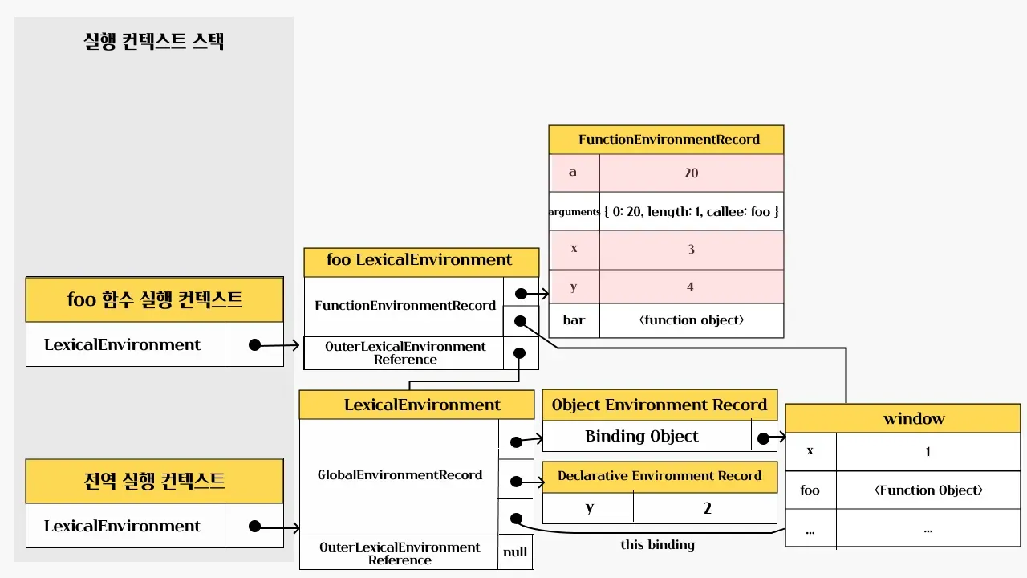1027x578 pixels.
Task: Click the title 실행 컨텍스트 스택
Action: tap(154, 42)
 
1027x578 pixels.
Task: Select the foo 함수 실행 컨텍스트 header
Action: tap(155, 300)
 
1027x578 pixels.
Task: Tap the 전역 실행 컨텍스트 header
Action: tap(155, 482)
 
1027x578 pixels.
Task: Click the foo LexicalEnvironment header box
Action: tap(420, 261)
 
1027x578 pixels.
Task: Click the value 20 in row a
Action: tap(691, 173)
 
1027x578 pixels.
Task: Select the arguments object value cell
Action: tap(691, 212)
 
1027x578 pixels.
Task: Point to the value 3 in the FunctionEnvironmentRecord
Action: tap(691, 249)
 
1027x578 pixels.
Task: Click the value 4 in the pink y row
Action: tap(691, 287)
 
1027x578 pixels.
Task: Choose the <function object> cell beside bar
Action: tap(691, 320)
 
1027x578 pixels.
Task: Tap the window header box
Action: tap(903, 418)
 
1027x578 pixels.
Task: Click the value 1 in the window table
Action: tap(928, 451)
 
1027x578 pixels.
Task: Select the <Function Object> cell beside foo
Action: tap(928, 490)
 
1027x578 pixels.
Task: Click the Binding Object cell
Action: tap(642, 437)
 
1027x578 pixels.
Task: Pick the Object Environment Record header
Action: tap(660, 405)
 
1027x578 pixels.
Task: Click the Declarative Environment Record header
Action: tap(660, 476)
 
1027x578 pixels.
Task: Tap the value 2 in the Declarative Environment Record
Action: tap(706, 508)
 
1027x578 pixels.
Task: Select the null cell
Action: tap(515, 552)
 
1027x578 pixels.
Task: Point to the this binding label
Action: tap(657, 545)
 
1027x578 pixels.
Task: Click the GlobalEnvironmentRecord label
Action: tap(400, 475)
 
